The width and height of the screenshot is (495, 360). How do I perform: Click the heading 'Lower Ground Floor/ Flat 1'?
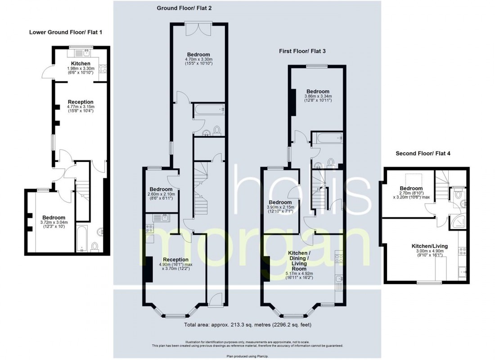point(66,32)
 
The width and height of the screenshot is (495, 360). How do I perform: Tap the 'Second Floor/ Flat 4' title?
point(423,153)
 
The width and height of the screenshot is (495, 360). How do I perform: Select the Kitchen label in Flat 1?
point(81,63)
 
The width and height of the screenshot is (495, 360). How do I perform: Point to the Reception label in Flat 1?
point(81,102)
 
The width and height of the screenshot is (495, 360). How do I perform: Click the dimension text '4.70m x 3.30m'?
point(198,59)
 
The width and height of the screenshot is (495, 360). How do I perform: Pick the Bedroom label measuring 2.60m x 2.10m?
point(161,189)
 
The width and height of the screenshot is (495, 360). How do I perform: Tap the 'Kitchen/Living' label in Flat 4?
point(430,246)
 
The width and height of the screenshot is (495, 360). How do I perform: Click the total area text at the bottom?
point(248,324)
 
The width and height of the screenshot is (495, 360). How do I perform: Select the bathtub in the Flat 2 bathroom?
point(209,110)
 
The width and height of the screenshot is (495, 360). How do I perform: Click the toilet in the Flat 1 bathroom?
point(94,246)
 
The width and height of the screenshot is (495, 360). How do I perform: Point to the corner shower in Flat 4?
point(458,222)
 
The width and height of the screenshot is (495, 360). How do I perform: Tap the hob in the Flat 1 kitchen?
point(103,68)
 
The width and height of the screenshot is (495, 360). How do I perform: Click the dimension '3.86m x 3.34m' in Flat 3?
point(318,96)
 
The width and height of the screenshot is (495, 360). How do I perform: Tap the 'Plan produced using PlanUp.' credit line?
point(247,356)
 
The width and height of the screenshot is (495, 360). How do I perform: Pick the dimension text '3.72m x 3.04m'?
point(54,222)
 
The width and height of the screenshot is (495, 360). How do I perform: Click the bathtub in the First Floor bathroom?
point(327,138)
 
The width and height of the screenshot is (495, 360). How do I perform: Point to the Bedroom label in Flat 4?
point(411,188)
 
